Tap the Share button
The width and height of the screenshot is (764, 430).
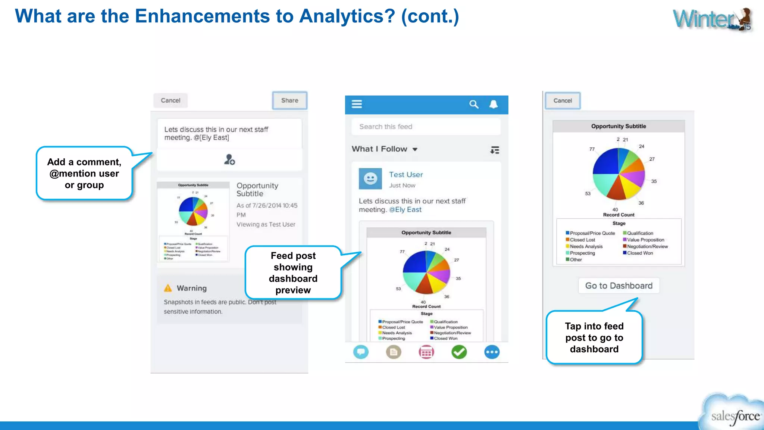click(x=289, y=100)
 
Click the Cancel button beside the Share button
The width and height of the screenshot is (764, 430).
click(x=170, y=100)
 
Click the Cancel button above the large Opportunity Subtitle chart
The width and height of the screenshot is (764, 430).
click(x=563, y=101)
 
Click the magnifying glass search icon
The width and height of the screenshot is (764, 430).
click(x=474, y=105)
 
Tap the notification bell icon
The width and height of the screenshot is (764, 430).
click(x=494, y=105)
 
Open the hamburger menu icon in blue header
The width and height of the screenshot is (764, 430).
click(x=357, y=104)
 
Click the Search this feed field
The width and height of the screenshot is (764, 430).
click(x=425, y=127)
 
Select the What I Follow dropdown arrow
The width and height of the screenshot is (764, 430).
click(x=415, y=149)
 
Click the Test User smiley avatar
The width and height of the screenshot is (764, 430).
click(x=370, y=179)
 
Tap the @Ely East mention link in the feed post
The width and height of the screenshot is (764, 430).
click(x=405, y=210)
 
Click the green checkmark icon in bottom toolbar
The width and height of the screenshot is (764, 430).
click(x=459, y=352)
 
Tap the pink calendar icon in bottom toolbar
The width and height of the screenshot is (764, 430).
click(x=426, y=352)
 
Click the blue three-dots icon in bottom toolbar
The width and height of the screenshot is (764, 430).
click(x=492, y=352)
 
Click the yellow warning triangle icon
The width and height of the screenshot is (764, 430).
click(x=168, y=288)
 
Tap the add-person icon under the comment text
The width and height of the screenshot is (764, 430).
click(x=229, y=160)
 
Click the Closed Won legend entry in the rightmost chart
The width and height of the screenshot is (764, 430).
click(x=639, y=253)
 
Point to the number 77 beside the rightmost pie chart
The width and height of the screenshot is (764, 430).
click(x=592, y=149)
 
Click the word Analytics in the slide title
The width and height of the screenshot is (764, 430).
click(x=347, y=16)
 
